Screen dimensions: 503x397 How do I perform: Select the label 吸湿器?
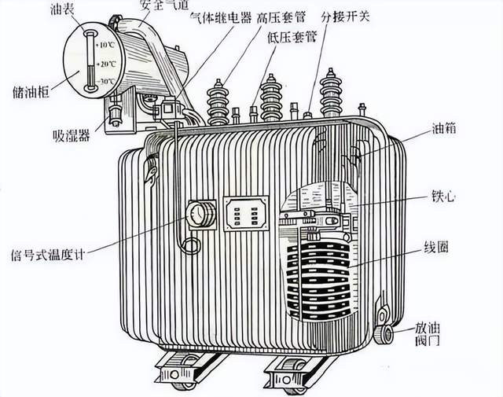click(x=72, y=136)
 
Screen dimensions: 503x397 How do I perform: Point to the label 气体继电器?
click(x=221, y=17)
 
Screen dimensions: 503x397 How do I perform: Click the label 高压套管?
click(x=281, y=17)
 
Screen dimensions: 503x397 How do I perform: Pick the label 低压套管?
click(x=292, y=38)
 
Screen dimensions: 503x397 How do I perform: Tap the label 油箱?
click(x=443, y=128)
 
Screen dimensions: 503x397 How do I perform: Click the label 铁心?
click(x=443, y=197)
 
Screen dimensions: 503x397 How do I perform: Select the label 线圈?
click(x=436, y=248)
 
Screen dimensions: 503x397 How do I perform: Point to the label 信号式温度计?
click(x=47, y=255)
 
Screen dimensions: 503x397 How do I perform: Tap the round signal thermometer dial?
click(x=196, y=214)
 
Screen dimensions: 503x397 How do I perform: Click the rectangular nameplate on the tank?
click(x=246, y=213)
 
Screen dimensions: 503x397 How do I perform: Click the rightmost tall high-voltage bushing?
click(x=330, y=93)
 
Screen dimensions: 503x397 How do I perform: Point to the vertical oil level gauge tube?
click(x=90, y=61)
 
